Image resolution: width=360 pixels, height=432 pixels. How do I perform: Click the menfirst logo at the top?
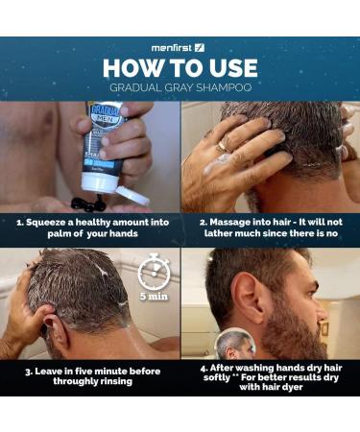pyautogui.click(x=178, y=48)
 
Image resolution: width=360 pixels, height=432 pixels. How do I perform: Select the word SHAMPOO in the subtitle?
pyautogui.click(x=224, y=87)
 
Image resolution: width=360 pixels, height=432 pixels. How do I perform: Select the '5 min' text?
pyautogui.click(x=154, y=297)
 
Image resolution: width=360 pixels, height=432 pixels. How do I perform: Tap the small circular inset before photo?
pyautogui.click(x=235, y=346)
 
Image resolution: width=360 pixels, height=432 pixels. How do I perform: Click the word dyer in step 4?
pyautogui.click(x=292, y=387)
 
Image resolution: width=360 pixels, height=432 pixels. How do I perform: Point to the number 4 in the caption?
pyautogui.click(x=204, y=368)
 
